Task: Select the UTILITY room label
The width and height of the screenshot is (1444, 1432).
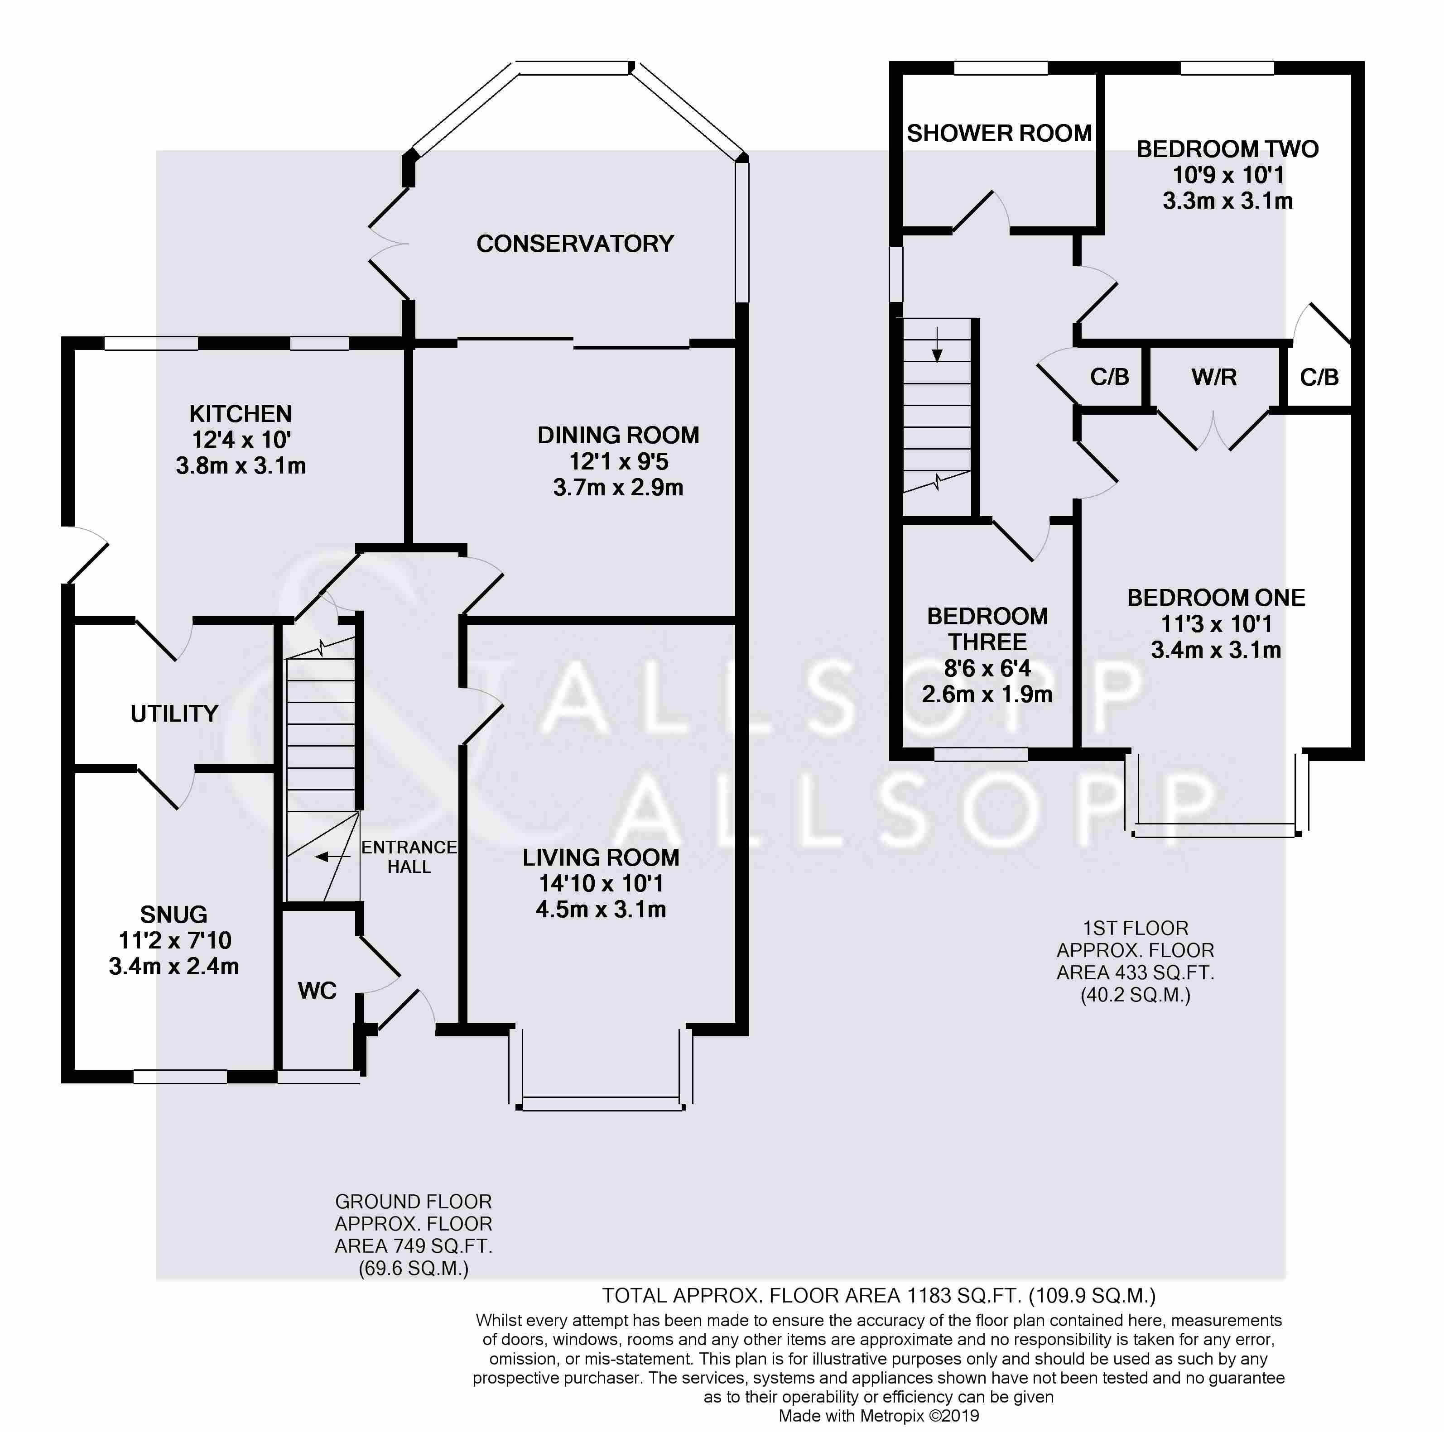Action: (174, 714)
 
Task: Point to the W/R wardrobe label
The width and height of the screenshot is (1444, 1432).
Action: (1214, 377)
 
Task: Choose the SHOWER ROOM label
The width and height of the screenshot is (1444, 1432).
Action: (999, 134)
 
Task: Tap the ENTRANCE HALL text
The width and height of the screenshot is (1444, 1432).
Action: (409, 857)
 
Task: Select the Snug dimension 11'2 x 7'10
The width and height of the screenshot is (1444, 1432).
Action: (174, 940)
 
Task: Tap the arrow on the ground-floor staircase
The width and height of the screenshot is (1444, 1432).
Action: (332, 857)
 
